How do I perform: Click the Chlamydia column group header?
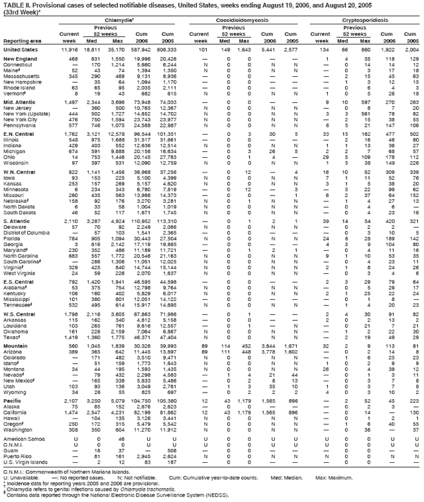tap(124, 21)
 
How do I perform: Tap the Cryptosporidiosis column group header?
tap(365, 21)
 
